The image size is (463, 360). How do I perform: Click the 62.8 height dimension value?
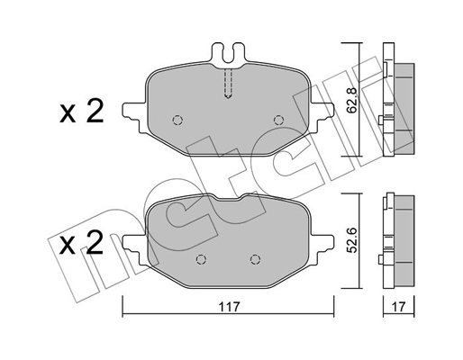pos(351,100)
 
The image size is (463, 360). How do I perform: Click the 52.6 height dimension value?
pos(351,240)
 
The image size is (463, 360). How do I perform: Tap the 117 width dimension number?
pos(229,307)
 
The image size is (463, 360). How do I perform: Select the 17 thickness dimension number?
pos(399,307)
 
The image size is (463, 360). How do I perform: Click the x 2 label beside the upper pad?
pos(82,112)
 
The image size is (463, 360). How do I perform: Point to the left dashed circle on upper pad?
pos(177,121)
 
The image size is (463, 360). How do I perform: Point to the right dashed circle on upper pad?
pos(278,121)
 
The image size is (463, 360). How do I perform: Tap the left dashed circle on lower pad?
pos(201,259)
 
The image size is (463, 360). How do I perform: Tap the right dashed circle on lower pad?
pos(255,259)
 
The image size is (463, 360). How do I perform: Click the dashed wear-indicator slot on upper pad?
pos(228,84)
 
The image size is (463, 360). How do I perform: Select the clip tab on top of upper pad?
pos(228,54)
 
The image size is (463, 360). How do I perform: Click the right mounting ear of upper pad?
pos(322,114)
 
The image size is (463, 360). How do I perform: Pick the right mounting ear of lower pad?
pos(322,247)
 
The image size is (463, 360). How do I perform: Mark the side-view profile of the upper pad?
pos(398,99)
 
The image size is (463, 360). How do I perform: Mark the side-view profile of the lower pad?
pos(398,240)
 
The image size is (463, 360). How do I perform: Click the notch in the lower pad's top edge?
pos(228,197)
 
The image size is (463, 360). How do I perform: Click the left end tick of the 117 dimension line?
pos(123,306)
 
